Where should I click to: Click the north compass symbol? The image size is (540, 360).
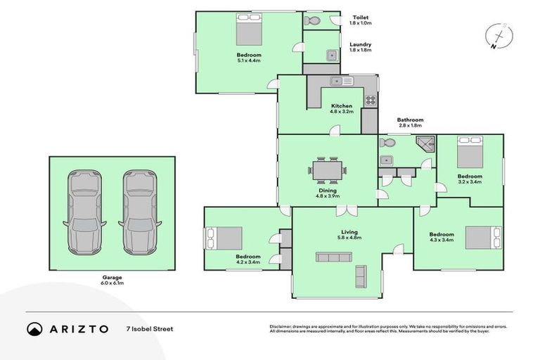(498, 36)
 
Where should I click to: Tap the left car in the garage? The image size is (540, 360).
(84, 212)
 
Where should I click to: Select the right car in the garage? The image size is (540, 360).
(139, 212)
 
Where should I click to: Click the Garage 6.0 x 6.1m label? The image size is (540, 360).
(112, 281)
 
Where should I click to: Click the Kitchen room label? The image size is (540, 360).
(341, 108)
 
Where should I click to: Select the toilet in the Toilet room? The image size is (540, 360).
(312, 22)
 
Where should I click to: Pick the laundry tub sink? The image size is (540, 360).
(330, 54)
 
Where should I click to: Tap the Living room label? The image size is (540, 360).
(349, 235)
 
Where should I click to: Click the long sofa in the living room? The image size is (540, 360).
(332, 257)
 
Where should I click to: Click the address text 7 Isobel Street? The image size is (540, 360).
(148, 328)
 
